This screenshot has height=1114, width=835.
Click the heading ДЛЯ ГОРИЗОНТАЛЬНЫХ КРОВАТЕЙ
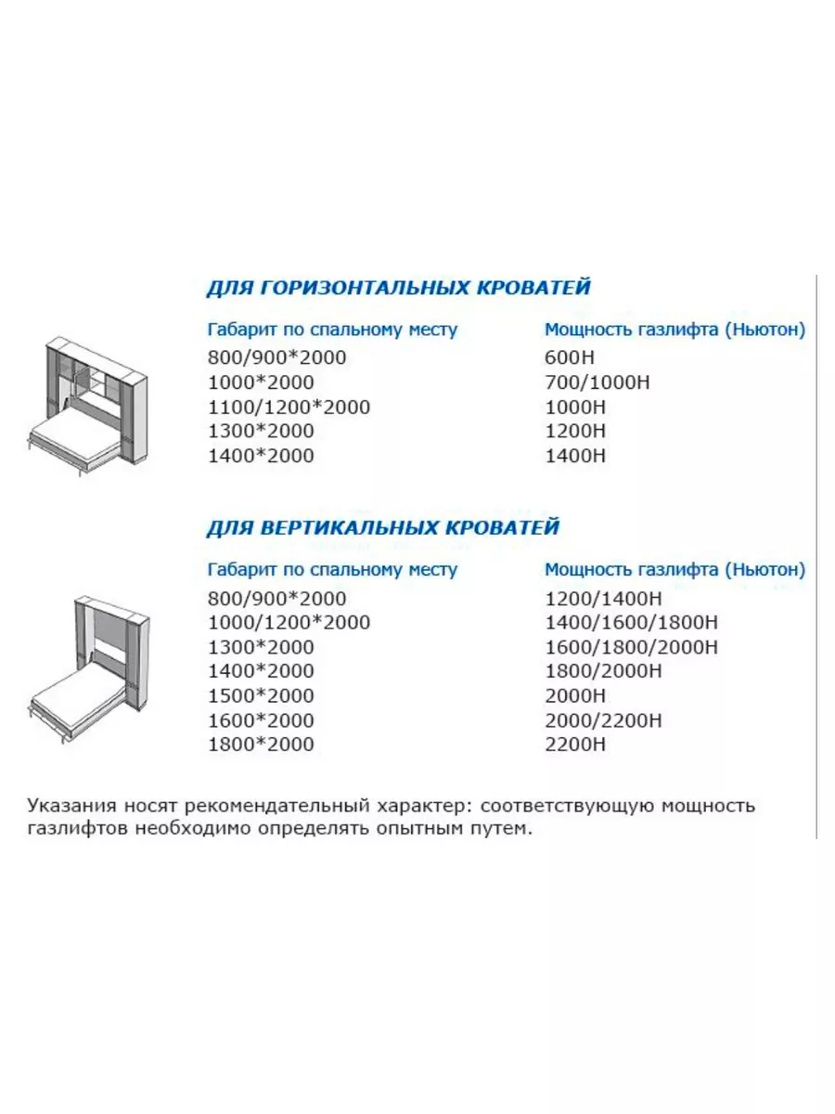pos(398,287)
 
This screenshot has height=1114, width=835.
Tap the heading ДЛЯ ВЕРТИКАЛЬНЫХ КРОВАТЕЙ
pos(382,528)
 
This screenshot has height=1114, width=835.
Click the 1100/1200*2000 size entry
pos(289,407)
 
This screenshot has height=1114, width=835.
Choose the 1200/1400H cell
pos(605,599)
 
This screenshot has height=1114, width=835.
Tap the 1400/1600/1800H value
pos(631,623)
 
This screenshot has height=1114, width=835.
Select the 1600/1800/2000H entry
pos(631,647)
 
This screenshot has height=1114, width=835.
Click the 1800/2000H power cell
pos(605,671)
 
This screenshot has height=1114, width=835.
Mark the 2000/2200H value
pos(605,720)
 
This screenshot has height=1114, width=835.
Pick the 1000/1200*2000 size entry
pos(289,623)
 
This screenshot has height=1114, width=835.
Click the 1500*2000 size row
pos(261,695)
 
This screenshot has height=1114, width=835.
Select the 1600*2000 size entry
pos(261,720)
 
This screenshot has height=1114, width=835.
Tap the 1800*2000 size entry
pos(261,745)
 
